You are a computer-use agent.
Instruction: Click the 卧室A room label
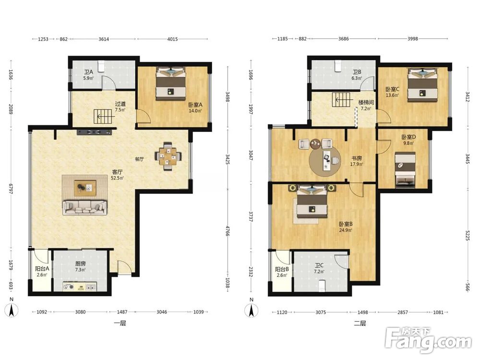click(x=195, y=104)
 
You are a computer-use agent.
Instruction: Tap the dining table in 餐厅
click(x=168, y=156)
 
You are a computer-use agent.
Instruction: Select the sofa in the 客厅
click(x=85, y=207)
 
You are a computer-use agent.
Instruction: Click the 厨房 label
click(x=80, y=264)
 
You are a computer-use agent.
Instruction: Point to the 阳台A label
click(x=42, y=269)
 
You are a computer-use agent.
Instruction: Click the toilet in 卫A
click(x=101, y=65)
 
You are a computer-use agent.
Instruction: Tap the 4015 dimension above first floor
click(x=172, y=39)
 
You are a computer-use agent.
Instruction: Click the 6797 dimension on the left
click(x=11, y=189)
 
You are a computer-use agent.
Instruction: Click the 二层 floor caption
click(x=360, y=323)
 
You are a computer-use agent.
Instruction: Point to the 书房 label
click(x=357, y=158)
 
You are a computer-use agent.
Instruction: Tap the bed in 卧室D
click(x=405, y=169)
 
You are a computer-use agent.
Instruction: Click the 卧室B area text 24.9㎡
click(x=346, y=230)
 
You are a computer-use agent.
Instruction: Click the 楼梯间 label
click(x=366, y=102)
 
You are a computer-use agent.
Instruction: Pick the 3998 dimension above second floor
click(x=413, y=39)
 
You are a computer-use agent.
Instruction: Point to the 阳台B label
click(x=282, y=269)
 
